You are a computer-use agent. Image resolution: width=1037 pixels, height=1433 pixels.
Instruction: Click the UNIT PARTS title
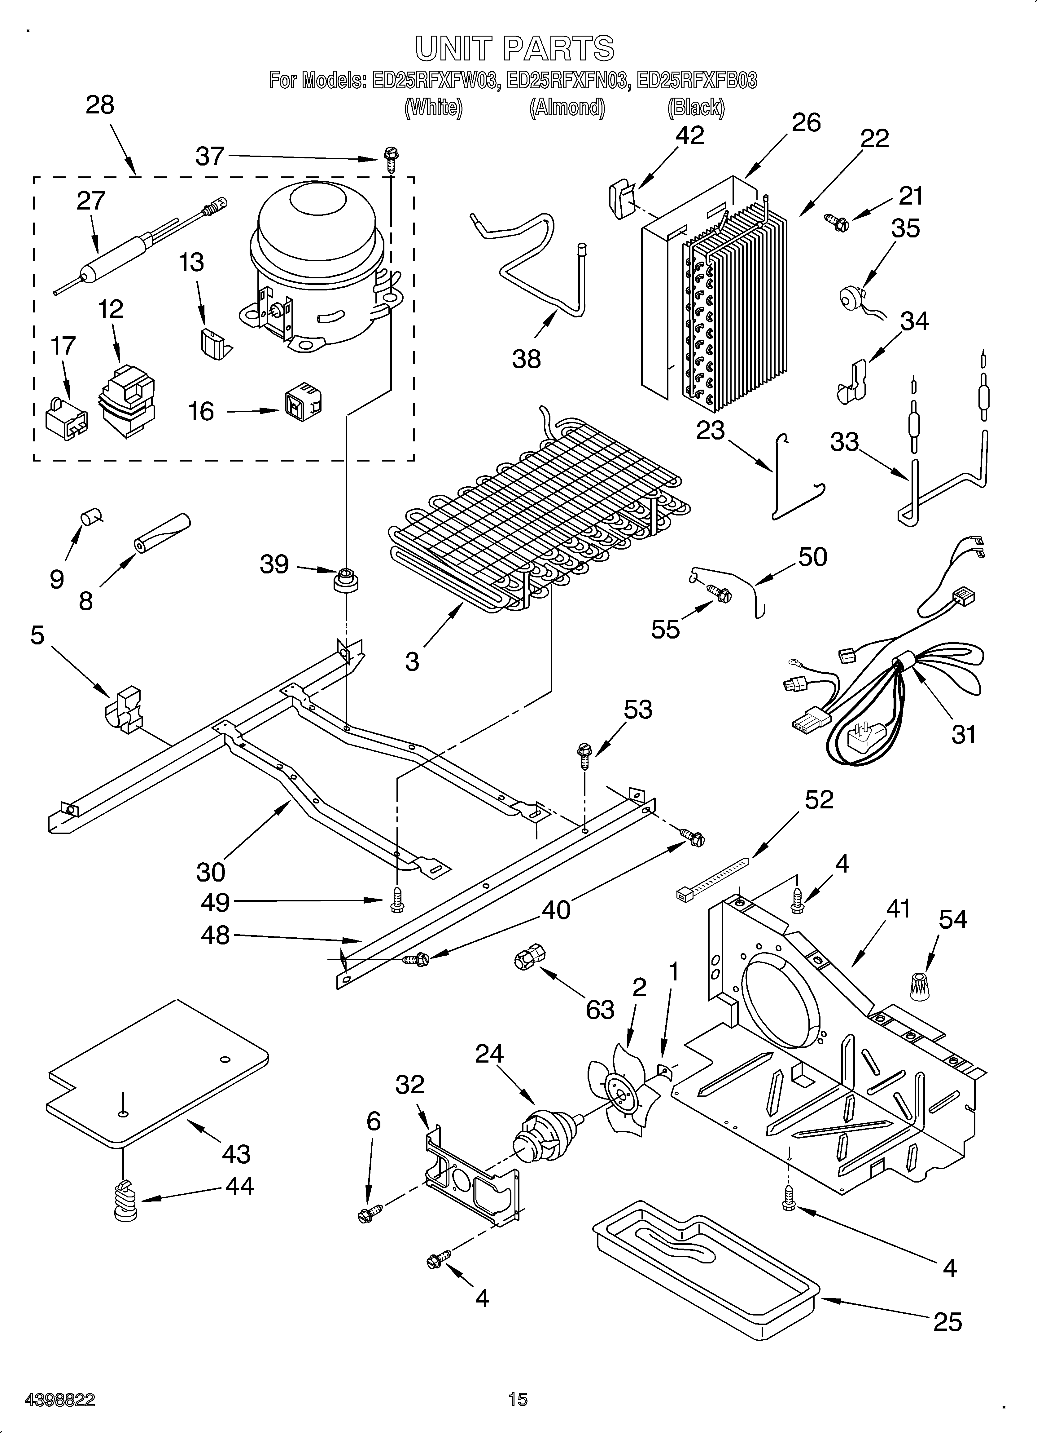[514, 49]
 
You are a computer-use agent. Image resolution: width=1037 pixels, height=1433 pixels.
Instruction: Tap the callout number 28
[100, 105]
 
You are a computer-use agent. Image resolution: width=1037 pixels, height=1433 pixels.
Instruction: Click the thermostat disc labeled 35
[851, 297]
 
